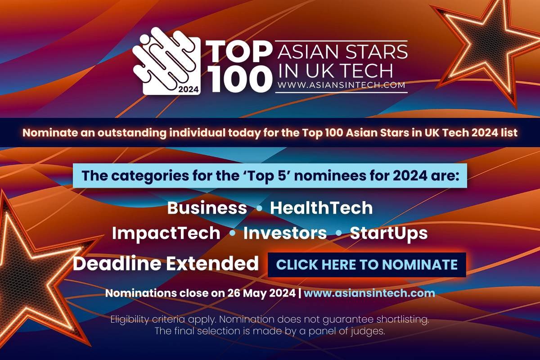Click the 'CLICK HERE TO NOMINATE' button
tap(367, 264)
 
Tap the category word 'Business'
tap(207, 208)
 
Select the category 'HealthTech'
tap(321, 208)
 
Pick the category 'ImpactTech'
tap(166, 233)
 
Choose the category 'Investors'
tap(285, 233)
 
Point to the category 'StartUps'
tap(388, 233)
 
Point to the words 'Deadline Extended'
tap(166, 264)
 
